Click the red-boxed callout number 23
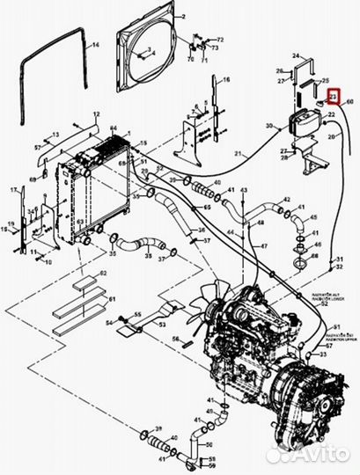coord(333,98)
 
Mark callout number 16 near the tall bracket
coord(225,80)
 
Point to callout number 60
coord(349,103)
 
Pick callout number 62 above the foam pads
coord(102,275)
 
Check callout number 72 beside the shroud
coord(220,40)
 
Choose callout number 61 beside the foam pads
coord(113,300)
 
